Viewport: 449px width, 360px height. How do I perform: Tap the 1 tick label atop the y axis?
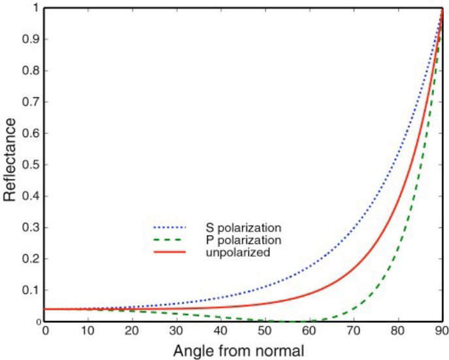(x=35, y=8)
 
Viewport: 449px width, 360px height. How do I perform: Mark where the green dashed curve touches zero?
(x=288, y=321)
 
